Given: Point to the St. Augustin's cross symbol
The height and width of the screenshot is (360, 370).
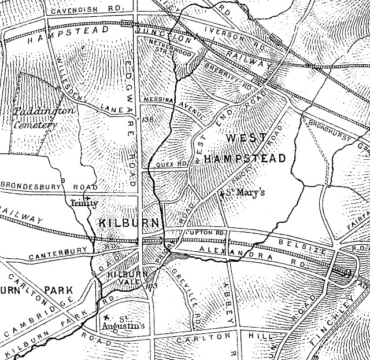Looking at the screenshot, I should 106,318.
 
